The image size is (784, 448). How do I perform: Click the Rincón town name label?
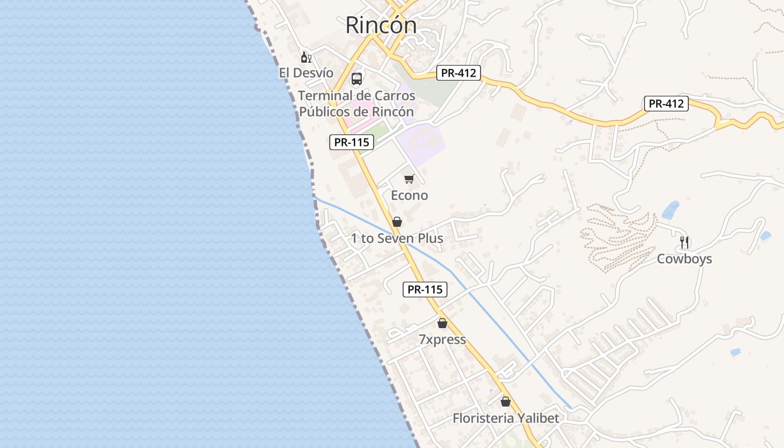click(x=381, y=25)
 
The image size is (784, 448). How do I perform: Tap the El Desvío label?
click(x=306, y=73)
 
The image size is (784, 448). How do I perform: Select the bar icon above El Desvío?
click(x=306, y=57)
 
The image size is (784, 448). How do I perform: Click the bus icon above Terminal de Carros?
click(x=357, y=79)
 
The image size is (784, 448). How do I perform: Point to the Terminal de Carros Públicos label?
click(x=357, y=104)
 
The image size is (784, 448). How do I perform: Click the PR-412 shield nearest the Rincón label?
click(x=458, y=73)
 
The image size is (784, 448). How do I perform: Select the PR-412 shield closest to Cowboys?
click(x=666, y=104)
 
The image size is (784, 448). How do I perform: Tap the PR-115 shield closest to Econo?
click(x=351, y=142)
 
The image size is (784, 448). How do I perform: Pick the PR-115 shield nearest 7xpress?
click(x=425, y=290)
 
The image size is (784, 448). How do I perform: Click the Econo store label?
click(x=409, y=195)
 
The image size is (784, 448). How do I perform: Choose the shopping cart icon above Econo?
click(x=409, y=179)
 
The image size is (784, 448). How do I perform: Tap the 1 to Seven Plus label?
click(x=397, y=239)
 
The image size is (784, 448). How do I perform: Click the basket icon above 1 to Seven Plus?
click(x=397, y=222)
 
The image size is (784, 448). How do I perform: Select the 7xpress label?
click(x=442, y=339)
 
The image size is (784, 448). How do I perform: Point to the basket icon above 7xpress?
click(x=442, y=323)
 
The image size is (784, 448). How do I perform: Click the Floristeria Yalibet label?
click(x=506, y=418)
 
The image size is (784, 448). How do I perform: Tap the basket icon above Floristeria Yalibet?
click(x=506, y=402)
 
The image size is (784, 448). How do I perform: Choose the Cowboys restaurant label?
click(x=684, y=259)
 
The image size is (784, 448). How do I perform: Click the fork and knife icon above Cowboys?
click(x=684, y=242)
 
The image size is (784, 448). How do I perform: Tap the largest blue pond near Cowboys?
click(x=670, y=210)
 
